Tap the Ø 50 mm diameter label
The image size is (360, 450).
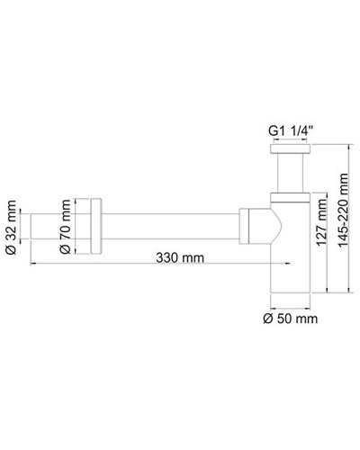pos(289,318)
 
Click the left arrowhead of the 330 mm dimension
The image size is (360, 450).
pos(36,264)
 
